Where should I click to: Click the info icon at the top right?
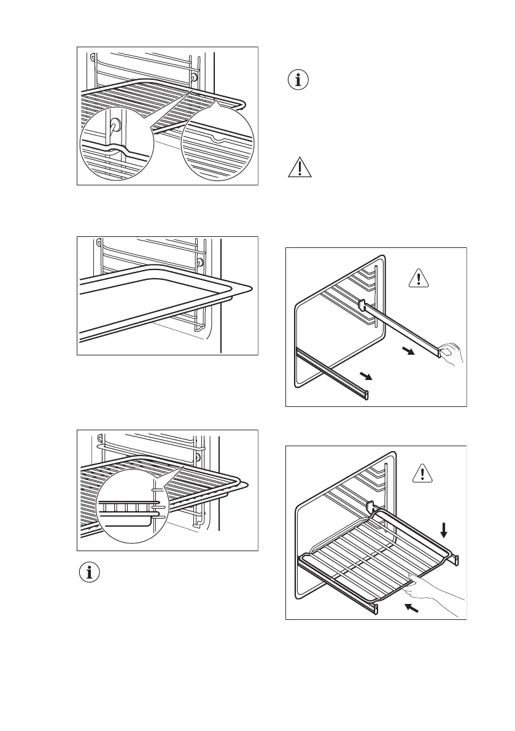(300, 80)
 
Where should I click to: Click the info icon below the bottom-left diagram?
(91, 573)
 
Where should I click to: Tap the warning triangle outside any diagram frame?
(300, 167)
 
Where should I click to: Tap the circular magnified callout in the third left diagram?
(131, 508)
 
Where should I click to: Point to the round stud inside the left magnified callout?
(115, 125)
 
